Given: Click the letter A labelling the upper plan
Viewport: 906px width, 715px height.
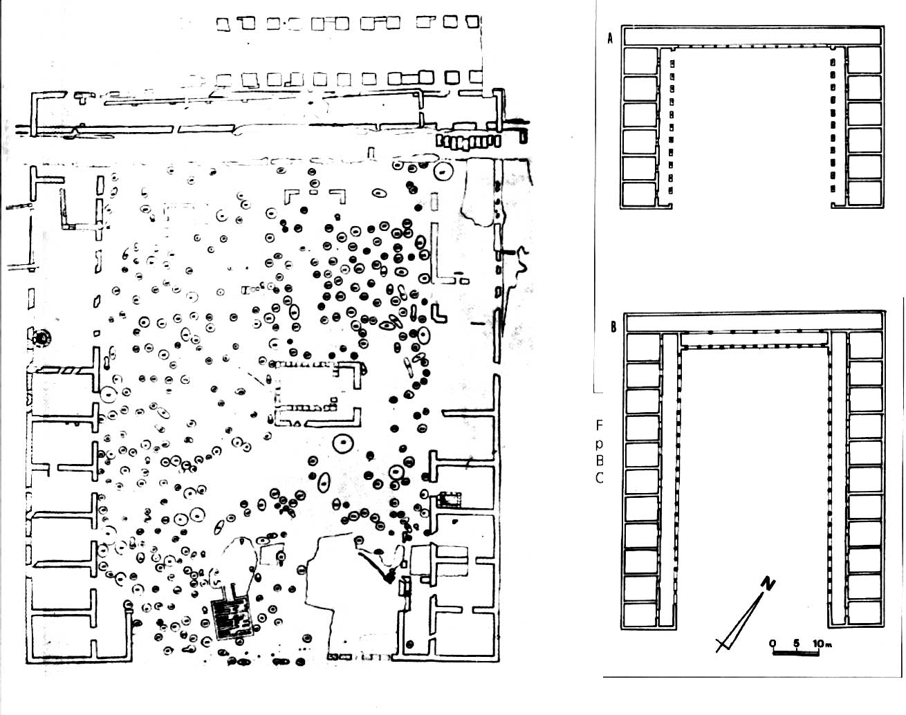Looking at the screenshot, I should [609, 39].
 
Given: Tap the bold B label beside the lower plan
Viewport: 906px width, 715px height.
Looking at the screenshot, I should [613, 327].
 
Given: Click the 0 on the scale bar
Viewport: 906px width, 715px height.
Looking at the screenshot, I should [773, 643].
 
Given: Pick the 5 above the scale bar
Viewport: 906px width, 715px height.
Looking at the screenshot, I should [796, 643].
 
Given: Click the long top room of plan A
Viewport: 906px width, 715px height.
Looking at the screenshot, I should [752, 36].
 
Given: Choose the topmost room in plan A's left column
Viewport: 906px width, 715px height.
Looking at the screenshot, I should [640, 61].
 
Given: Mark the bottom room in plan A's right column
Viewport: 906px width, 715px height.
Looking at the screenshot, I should [865, 194].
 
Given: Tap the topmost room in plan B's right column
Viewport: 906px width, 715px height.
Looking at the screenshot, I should [865, 344].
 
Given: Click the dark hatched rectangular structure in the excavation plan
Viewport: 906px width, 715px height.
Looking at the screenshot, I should [232, 617].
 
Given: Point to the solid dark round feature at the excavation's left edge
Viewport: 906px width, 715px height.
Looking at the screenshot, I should [44, 338].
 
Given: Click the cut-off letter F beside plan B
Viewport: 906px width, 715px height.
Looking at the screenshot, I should [600, 425].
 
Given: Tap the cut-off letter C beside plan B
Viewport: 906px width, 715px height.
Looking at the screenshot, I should [600, 477].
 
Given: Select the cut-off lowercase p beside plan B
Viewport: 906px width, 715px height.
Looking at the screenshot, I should [600, 443].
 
